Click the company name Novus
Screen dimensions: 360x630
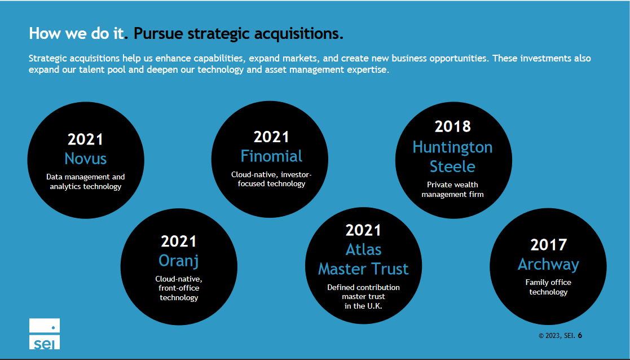tap(85, 158)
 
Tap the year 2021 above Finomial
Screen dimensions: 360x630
tap(271, 137)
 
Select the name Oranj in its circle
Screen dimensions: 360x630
tap(178, 260)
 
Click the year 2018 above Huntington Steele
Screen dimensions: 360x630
tap(452, 126)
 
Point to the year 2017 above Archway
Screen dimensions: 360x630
tap(548, 245)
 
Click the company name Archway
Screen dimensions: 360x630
tap(548, 264)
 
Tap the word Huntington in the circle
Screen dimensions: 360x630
tap(452, 147)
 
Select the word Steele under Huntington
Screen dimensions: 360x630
tap(452, 166)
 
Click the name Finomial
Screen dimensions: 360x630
tap(271, 156)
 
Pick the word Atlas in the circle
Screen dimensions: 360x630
tap(363, 249)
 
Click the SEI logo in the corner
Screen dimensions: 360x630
tap(45, 333)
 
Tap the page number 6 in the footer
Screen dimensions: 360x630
tap(580, 335)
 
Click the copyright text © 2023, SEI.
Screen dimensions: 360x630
tap(557, 336)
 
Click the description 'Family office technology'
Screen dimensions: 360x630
tap(548, 287)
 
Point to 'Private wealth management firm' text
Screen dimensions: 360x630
tap(452, 190)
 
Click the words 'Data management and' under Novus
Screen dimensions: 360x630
tap(86, 177)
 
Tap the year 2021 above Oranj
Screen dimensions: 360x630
tap(178, 242)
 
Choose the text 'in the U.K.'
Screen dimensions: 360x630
tap(363, 306)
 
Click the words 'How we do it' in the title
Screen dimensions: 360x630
tap(76, 34)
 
